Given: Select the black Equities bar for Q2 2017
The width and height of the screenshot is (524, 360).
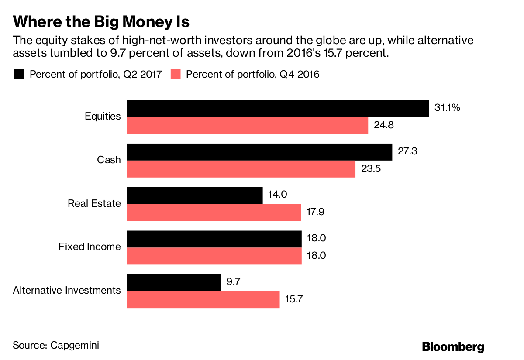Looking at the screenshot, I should (278, 108).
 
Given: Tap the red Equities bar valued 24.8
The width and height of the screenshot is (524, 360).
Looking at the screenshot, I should (247, 125).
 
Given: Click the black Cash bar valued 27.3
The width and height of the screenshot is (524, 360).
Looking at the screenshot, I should (259, 152).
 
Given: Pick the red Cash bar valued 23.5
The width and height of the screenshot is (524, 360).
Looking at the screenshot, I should (241, 169).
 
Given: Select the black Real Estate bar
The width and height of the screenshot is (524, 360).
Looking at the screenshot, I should (195, 195).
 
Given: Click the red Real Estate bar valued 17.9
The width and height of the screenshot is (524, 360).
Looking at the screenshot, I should (214, 213).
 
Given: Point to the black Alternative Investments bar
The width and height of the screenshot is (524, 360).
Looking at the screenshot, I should (174, 282).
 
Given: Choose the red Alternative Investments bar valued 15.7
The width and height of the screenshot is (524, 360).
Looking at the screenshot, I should (203, 300).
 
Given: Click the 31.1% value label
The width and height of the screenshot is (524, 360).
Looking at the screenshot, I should (447, 107).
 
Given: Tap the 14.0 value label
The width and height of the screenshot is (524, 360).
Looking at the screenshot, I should (278, 195).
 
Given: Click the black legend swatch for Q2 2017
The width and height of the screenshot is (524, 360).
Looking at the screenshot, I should (19, 74).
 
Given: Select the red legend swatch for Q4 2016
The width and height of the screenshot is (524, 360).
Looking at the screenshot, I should (176, 74).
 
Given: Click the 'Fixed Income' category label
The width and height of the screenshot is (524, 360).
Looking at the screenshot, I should (90, 247).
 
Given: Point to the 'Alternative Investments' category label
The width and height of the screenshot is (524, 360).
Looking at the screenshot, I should (67, 290).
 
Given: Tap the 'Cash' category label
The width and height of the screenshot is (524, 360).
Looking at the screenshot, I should (109, 160).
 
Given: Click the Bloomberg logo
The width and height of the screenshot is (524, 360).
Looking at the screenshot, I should (453, 347).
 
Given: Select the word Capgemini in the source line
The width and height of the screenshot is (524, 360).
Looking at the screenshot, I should (75, 345).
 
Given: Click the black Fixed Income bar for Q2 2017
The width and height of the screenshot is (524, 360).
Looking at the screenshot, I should (214, 239).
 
